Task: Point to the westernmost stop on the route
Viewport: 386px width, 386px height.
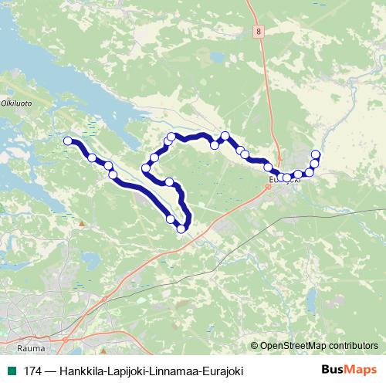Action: tap(68, 141)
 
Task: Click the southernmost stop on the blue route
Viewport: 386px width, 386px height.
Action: tap(181, 228)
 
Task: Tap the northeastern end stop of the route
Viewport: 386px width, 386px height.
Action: tap(316, 154)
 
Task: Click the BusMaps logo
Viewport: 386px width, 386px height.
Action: tap(350, 371)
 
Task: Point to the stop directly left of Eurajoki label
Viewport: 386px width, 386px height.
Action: tap(268, 168)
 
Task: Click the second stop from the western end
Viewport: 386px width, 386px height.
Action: tap(93, 157)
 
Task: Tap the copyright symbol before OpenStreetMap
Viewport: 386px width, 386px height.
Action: tap(254, 345)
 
